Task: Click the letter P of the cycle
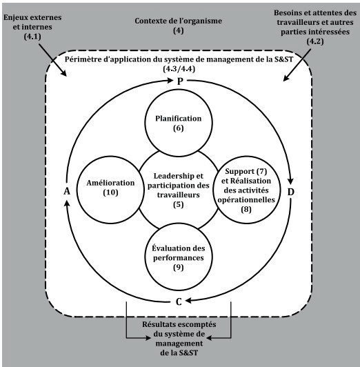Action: (x=180, y=81)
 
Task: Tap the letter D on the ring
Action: (x=290, y=192)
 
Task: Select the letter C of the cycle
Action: (x=179, y=302)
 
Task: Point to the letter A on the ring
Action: (x=67, y=191)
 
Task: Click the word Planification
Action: (x=178, y=119)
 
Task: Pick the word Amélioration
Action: (x=110, y=183)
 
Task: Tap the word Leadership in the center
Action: (x=172, y=176)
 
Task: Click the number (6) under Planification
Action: (x=178, y=128)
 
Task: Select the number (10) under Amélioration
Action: (x=110, y=192)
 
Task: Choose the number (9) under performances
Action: (x=178, y=267)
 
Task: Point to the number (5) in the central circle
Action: (x=178, y=205)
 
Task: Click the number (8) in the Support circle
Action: (x=246, y=209)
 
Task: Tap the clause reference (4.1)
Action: (x=32, y=37)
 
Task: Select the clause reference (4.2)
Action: (x=315, y=41)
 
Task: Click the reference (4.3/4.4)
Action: (x=179, y=69)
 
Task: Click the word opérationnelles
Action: (x=246, y=200)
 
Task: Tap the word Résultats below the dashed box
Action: (x=157, y=324)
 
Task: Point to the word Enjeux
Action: (x=14, y=17)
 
